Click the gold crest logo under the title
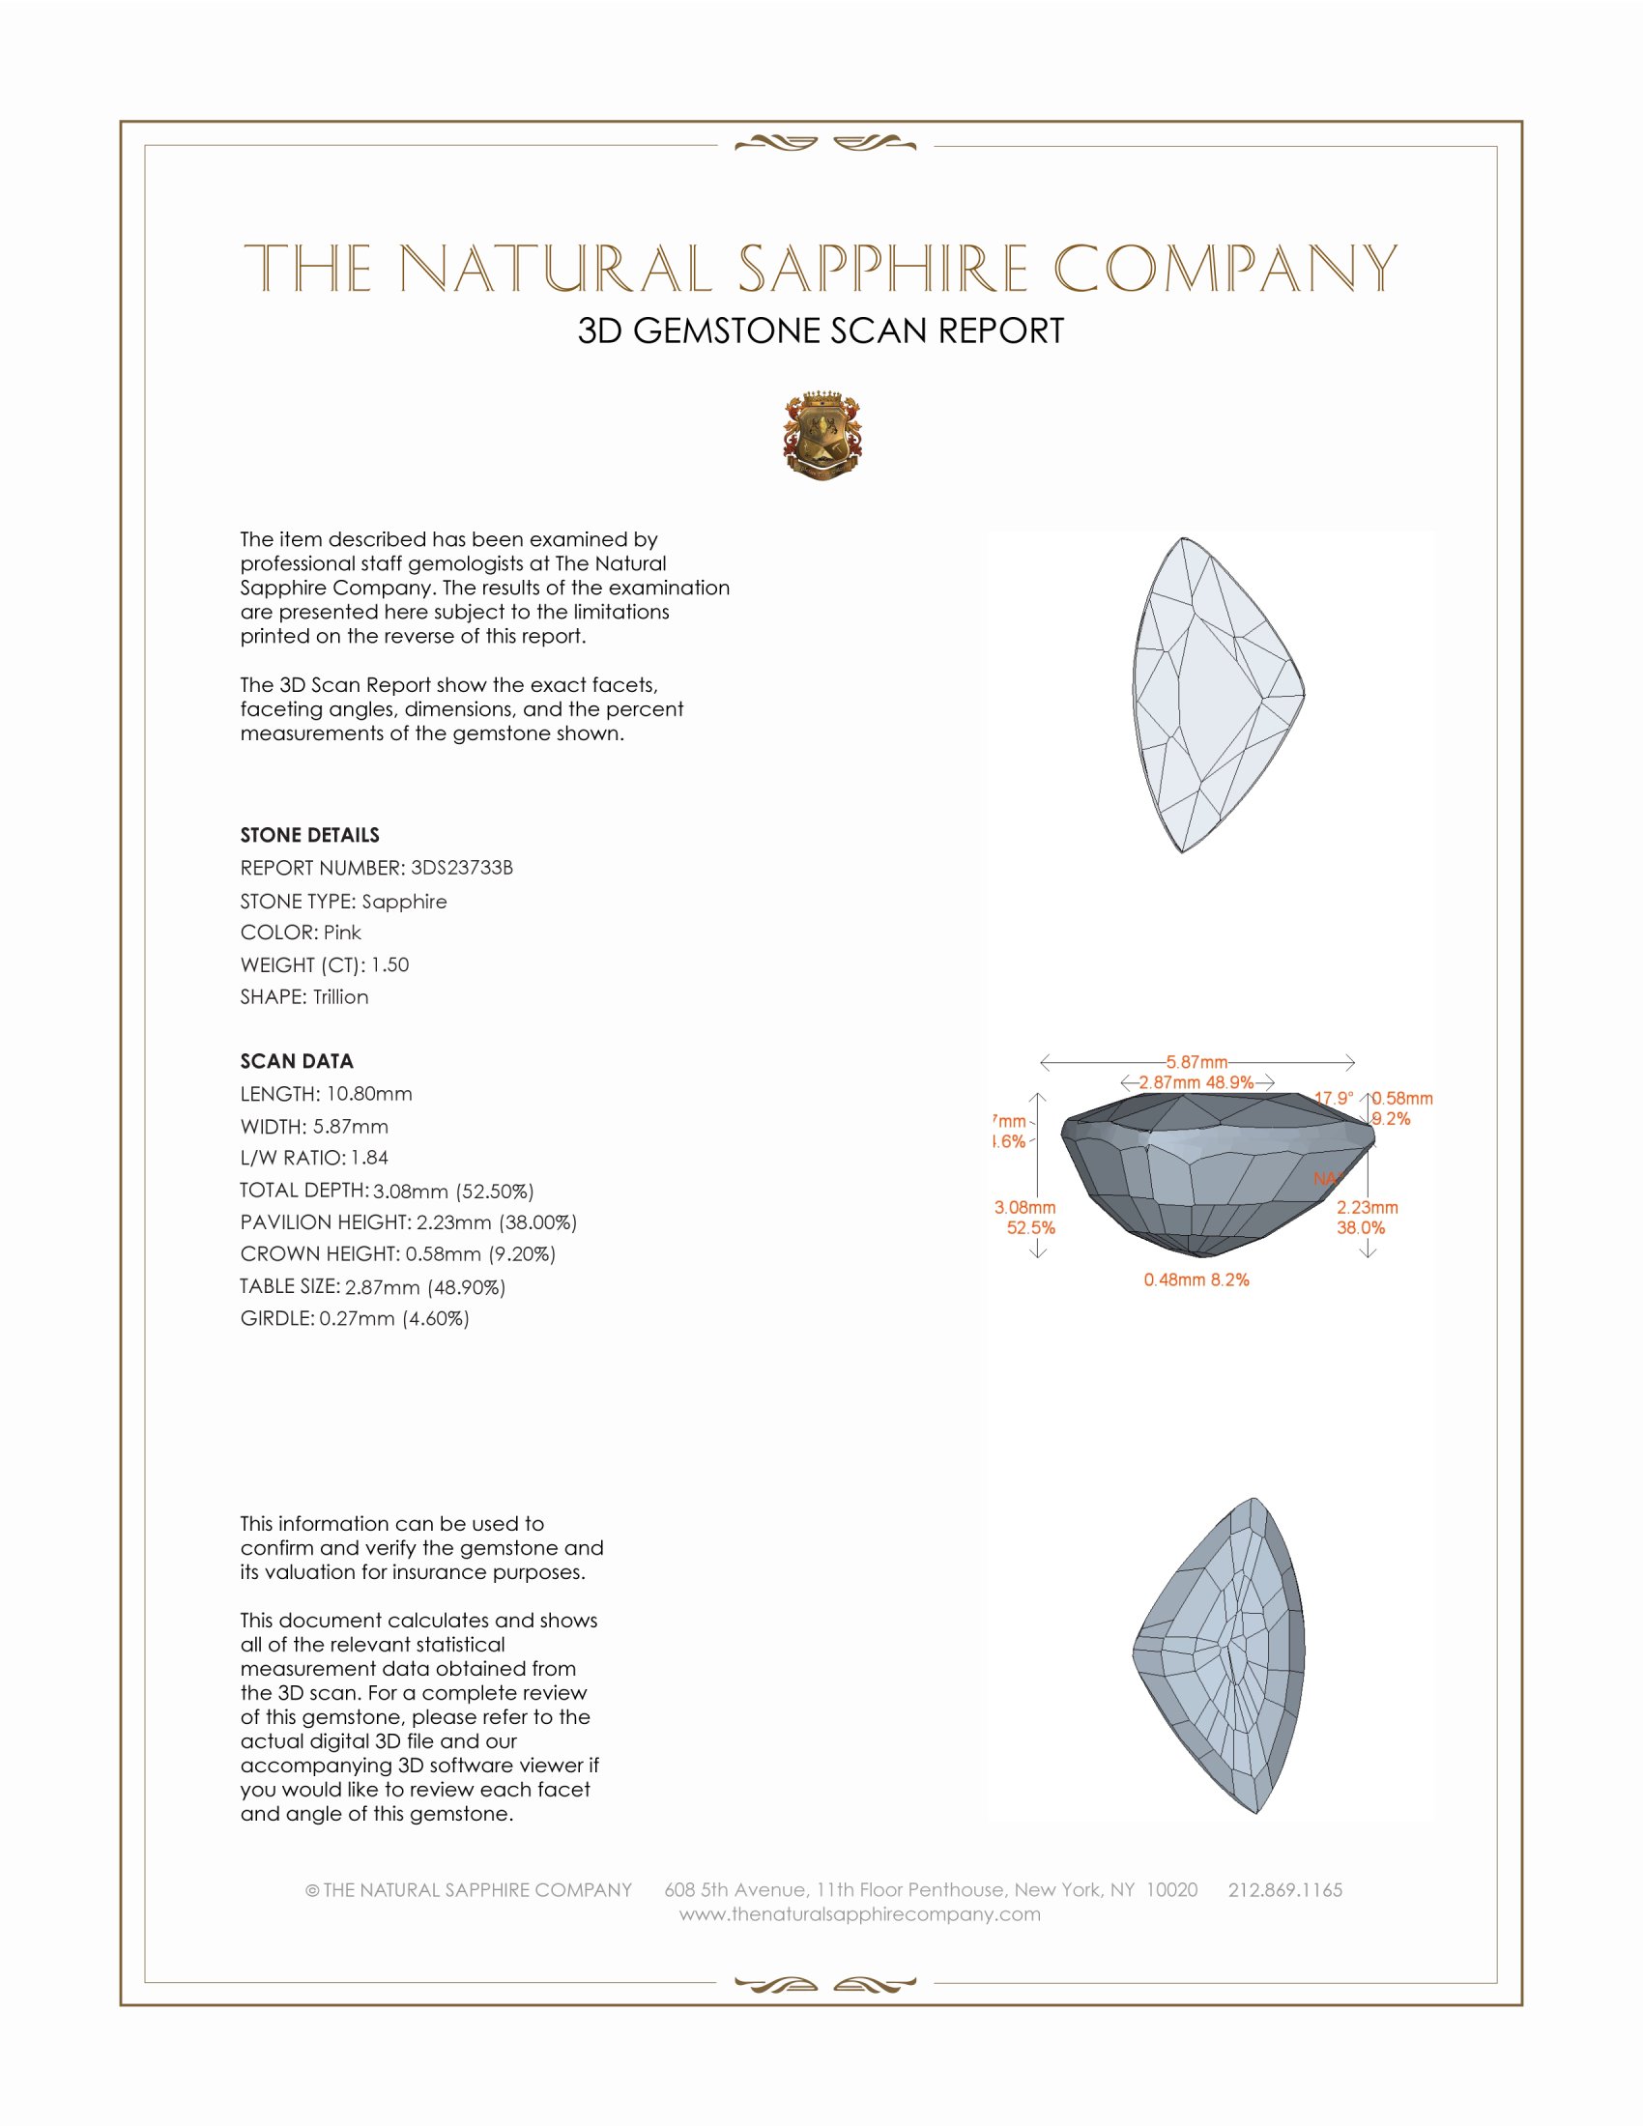click(821, 436)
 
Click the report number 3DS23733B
click(461, 868)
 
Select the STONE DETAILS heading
click(309, 835)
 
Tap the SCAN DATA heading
click(297, 1061)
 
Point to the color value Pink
click(343, 933)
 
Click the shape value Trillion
click(340, 997)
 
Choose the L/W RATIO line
click(314, 1158)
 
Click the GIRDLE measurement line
click(355, 1318)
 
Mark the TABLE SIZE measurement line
click(373, 1287)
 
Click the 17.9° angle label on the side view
click(1334, 1098)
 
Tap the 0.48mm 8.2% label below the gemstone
click(1196, 1279)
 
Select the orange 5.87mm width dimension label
click(1196, 1061)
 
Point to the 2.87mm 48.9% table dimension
click(1196, 1081)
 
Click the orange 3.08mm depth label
click(1024, 1207)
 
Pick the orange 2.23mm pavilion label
click(1367, 1207)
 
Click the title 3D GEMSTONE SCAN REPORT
click(821, 330)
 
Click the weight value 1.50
click(390, 964)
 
